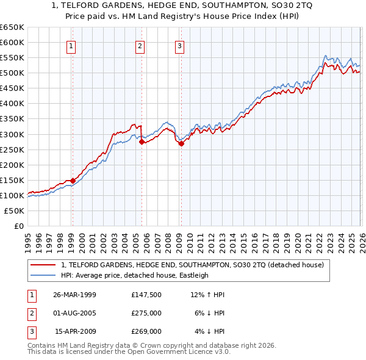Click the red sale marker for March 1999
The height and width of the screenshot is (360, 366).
(73, 181)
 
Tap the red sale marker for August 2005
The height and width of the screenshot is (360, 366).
(142, 142)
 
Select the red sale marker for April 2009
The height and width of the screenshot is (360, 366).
(181, 143)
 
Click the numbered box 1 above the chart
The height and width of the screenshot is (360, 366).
(71, 45)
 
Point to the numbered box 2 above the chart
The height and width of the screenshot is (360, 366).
(140, 45)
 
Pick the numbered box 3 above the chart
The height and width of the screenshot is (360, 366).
(180, 45)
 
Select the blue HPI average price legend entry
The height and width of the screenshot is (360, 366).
(134, 275)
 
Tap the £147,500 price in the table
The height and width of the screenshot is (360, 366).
(146, 295)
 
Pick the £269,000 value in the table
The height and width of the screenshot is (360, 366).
(146, 331)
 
